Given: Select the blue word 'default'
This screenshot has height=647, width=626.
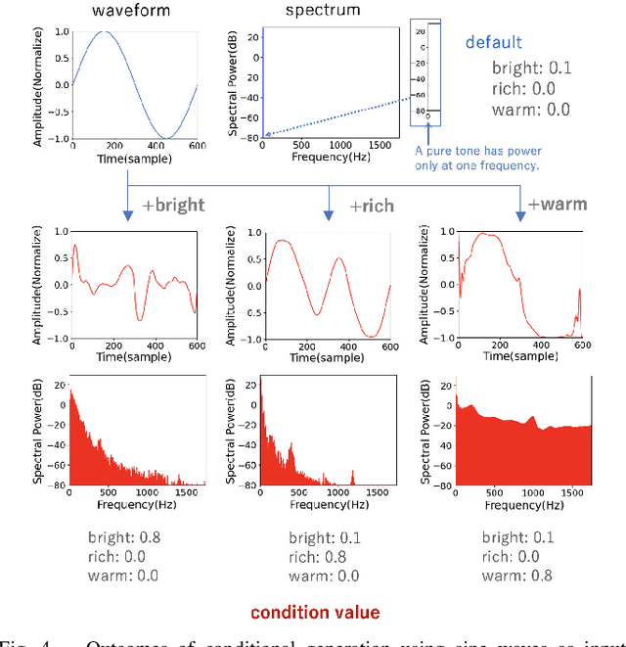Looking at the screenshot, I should point(494,42).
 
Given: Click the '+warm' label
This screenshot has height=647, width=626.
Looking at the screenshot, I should point(558,205).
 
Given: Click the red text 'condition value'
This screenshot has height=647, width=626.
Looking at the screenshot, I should point(314,613).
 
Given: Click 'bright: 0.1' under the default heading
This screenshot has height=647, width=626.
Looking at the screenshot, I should point(533,69).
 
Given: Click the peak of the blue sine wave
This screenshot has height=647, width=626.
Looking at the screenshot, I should point(101,31).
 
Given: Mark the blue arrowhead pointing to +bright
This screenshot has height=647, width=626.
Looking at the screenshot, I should point(128,214).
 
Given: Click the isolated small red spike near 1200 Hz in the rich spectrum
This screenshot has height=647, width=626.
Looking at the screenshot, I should point(353,477).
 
